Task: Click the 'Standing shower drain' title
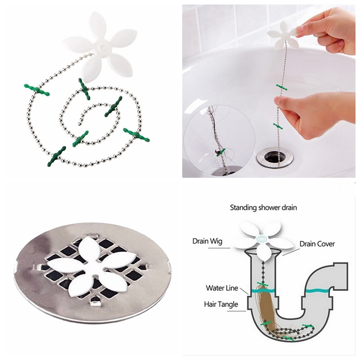(263, 208)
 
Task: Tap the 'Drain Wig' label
(207, 241)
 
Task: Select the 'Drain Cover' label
(317, 244)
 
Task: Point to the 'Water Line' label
(222, 288)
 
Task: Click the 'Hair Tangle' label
(221, 305)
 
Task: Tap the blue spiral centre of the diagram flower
(261, 239)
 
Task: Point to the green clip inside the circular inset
(220, 152)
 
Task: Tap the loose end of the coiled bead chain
(80, 124)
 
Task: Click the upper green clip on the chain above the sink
(282, 87)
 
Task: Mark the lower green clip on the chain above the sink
(278, 126)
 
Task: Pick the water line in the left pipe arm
(263, 290)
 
